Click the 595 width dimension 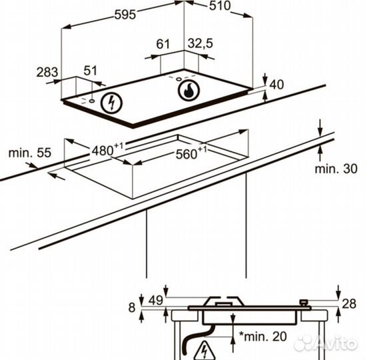point(125,15)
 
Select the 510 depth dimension point(220,6)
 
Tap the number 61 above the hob point(163,44)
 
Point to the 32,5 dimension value point(200,43)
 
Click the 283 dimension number point(47,72)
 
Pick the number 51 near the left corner point(90,71)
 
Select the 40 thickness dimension point(276,85)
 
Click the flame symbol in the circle point(188,90)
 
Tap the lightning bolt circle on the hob point(111,103)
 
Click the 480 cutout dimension point(107,149)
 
